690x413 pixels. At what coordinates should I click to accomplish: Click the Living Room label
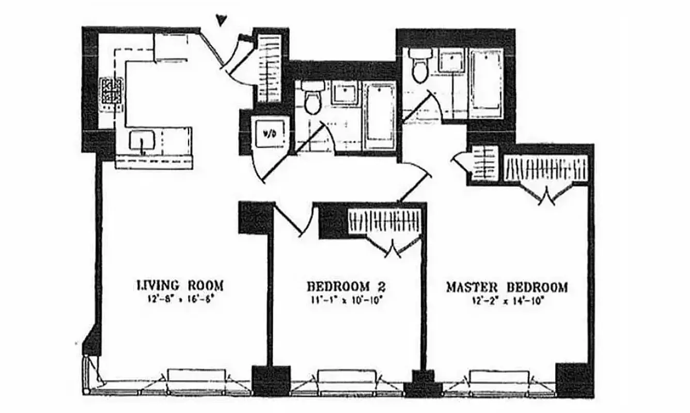click(180, 285)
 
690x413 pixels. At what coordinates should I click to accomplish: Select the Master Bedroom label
click(507, 287)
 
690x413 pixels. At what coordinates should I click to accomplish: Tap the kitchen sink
click(142, 141)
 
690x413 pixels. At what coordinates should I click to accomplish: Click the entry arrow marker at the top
click(222, 20)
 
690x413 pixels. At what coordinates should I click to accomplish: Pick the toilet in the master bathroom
click(418, 66)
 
